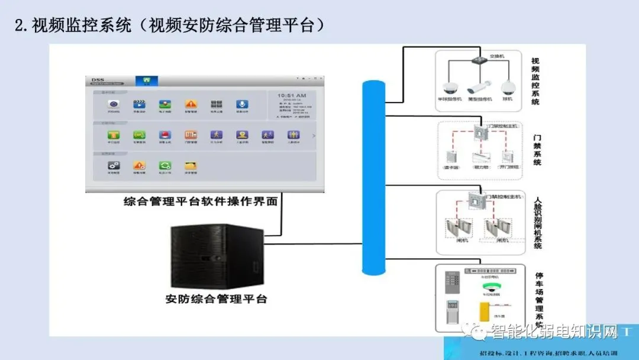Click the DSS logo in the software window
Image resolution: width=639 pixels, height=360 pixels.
[x=98, y=79]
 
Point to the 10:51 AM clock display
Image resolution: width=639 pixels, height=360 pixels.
[x=292, y=95]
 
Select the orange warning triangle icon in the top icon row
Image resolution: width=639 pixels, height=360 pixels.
[x=191, y=104]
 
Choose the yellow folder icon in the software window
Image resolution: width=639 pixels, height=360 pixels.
[x=191, y=166]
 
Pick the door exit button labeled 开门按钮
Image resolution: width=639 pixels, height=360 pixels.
[x=507, y=157]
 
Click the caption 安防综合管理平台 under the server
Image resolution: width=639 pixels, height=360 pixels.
[x=217, y=299]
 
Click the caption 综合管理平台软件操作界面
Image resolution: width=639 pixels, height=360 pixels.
[x=201, y=201]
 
